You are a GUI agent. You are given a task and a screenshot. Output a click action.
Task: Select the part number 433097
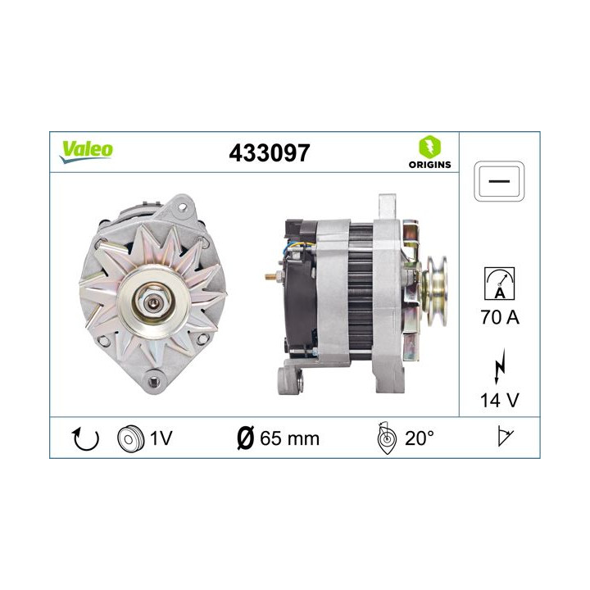[x=271, y=152]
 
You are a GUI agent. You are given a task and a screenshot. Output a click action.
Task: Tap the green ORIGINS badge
[x=429, y=152]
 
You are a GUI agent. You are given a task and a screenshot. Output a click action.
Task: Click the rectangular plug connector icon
[x=499, y=179]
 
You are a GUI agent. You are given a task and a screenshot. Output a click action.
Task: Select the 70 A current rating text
[x=499, y=317]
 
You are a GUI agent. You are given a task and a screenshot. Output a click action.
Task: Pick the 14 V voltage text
[x=499, y=402]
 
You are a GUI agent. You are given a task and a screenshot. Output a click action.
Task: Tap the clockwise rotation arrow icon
[x=85, y=438]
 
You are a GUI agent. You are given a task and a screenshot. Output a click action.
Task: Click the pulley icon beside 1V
[x=129, y=438]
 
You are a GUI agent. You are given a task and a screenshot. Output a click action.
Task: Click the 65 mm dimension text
[x=289, y=438]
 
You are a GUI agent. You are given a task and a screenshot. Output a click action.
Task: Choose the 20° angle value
[x=419, y=438]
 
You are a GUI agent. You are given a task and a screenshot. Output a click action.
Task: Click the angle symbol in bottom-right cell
[x=504, y=438]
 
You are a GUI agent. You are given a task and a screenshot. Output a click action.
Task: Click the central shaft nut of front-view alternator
[x=153, y=301]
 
